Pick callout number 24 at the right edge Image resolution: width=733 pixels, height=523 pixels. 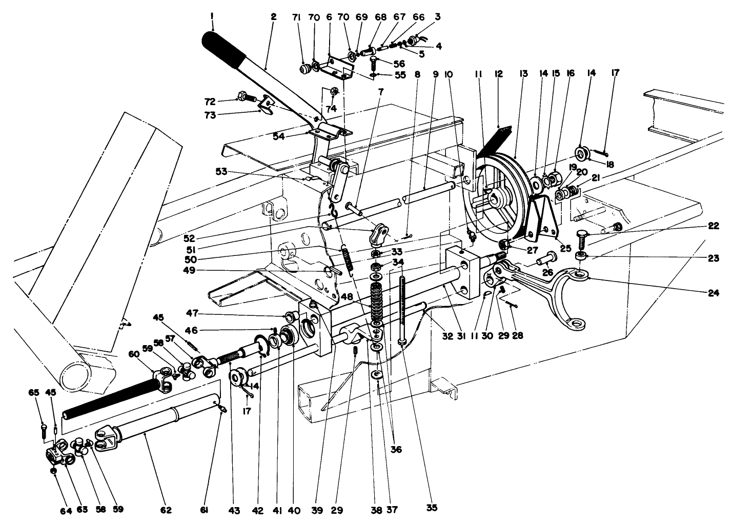point(713,293)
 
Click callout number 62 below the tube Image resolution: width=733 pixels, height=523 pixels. point(166,510)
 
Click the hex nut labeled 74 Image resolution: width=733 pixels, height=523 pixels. point(333,92)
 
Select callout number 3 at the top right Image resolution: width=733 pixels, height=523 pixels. point(437,17)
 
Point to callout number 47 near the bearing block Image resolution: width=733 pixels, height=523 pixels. point(264,313)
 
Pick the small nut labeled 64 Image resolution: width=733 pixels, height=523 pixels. point(54,471)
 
